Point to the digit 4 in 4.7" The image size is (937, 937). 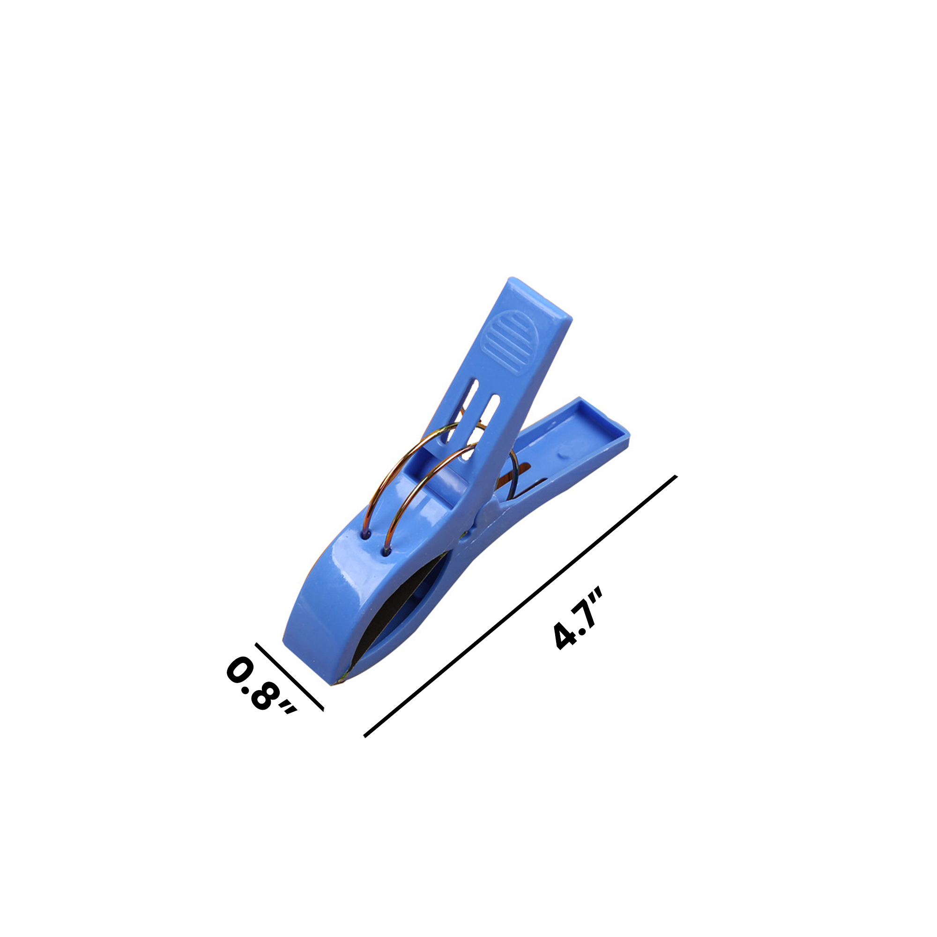(x=565, y=636)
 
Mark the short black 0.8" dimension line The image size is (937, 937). (x=290, y=677)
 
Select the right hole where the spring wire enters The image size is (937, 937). (x=386, y=551)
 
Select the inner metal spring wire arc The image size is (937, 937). (x=412, y=490)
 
